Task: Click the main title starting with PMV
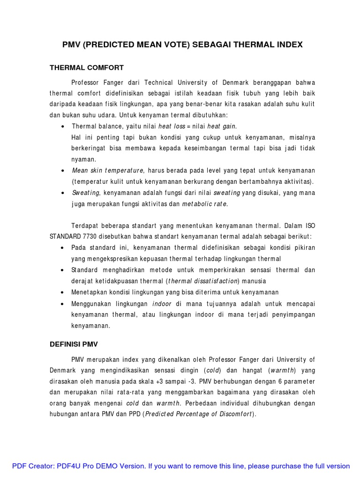pos(182,45)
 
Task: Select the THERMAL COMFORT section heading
pos(87,67)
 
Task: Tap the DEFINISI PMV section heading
pos(74,344)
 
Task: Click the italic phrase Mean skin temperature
pos(108,170)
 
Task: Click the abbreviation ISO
pos(310,225)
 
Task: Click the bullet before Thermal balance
pos(63,127)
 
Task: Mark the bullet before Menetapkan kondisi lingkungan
pos(63,292)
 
